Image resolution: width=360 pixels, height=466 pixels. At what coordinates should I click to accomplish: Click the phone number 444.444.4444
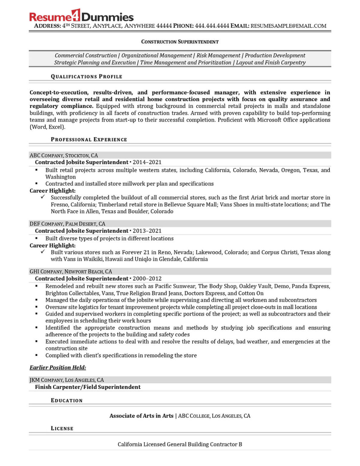212,26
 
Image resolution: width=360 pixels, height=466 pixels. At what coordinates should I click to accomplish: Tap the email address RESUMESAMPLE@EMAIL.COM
288,26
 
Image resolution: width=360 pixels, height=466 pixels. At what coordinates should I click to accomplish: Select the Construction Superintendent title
180,42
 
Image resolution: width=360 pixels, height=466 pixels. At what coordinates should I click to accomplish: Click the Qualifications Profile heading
86,76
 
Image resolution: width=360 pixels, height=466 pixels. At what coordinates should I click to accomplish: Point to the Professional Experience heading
89,140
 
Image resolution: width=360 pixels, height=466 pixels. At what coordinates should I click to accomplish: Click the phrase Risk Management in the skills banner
218,56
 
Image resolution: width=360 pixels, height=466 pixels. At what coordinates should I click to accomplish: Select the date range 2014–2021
147,162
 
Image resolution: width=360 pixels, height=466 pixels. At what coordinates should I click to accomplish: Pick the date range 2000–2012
147,279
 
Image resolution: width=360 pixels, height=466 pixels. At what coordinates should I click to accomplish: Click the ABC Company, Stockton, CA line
64,155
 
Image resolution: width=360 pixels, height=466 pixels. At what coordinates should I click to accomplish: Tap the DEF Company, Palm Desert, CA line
67,224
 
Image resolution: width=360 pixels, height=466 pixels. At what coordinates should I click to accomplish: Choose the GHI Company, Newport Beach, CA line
71,272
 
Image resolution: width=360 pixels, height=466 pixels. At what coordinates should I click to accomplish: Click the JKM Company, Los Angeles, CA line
66,380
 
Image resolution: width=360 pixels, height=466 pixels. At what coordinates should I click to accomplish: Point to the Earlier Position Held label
58,367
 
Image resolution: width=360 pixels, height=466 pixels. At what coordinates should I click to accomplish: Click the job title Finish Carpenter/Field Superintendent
88,387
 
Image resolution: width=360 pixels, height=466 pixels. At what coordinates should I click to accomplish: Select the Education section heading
67,400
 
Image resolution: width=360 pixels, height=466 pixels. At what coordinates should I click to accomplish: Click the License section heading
62,428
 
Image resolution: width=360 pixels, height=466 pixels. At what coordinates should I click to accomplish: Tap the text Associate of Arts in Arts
141,416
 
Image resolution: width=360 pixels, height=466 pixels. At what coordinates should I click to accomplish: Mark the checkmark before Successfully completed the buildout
43,197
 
